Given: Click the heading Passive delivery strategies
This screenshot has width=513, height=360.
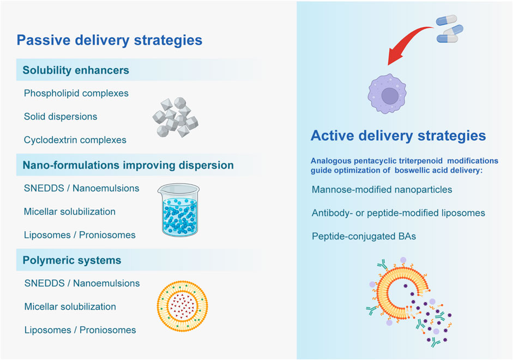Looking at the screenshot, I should click(110, 40).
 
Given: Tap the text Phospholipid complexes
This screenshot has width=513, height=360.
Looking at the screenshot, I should click(76, 93).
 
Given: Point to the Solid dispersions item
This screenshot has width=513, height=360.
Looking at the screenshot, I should click(61, 117).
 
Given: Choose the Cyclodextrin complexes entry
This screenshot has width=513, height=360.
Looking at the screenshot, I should click(75, 140).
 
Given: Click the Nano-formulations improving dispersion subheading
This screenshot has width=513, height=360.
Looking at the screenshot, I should click(128, 165).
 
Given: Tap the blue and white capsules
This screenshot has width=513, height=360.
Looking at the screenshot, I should click(450, 28).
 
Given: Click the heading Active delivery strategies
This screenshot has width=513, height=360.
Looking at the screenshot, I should click(398, 135).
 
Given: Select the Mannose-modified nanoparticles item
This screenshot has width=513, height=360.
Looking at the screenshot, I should click(382, 190).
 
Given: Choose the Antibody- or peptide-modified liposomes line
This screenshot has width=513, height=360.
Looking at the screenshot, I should click(399, 213).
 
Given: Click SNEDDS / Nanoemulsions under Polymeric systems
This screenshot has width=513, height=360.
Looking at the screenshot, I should click(82, 283).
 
